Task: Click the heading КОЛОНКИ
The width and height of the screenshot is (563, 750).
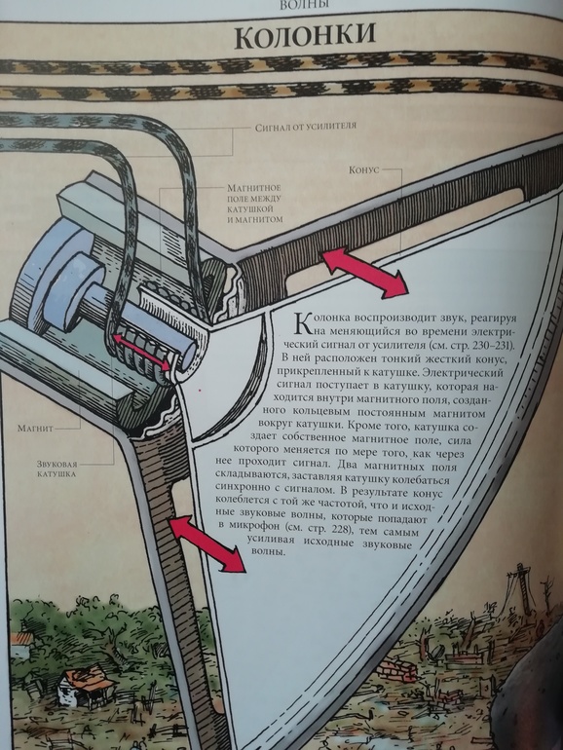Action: tap(305, 37)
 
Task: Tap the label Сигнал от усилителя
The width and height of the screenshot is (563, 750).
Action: tap(306, 127)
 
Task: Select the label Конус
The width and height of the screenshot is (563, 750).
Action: tap(363, 169)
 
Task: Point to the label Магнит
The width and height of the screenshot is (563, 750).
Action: tap(35, 429)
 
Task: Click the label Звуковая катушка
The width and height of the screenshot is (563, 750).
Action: tap(56, 469)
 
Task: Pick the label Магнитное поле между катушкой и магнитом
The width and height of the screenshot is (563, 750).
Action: tap(254, 204)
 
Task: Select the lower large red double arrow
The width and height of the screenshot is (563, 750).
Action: tap(207, 544)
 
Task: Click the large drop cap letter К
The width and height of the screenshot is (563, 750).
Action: tap(305, 323)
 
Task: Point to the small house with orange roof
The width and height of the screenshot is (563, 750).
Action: tap(87, 685)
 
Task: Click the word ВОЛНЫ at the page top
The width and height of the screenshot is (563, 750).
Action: tap(304, 5)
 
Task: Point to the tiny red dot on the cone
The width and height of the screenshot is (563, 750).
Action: tap(200, 391)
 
